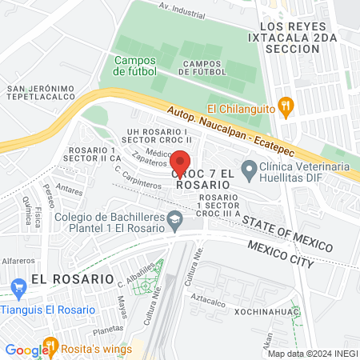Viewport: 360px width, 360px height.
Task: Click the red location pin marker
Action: pyautogui.click(x=180, y=160)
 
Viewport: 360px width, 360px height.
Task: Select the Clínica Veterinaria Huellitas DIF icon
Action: pyautogui.click(x=250, y=169)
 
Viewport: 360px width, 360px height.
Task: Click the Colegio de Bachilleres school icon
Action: pyautogui.click(x=174, y=218)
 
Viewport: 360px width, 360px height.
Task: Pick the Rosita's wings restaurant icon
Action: pyautogui.click(x=51, y=346)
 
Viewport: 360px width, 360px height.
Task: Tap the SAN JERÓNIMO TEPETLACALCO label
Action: pyautogui.click(x=40, y=94)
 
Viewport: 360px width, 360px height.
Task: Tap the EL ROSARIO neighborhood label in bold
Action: pyautogui.click(x=62, y=278)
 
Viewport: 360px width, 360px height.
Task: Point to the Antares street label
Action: pyautogui.click(x=70, y=191)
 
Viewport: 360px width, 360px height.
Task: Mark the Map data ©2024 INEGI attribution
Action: pyautogui.click(x=311, y=354)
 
